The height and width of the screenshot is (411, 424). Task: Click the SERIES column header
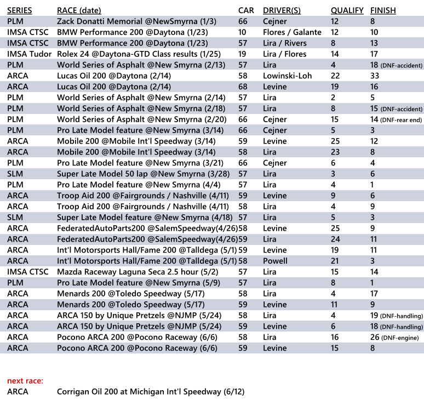[20, 10]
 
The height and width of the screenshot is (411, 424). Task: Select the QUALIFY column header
[347, 10]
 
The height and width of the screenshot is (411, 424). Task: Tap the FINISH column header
[383, 10]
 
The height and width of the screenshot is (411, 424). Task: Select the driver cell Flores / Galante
[292, 32]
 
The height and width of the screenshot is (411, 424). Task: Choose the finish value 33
[375, 76]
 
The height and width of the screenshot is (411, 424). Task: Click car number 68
[243, 87]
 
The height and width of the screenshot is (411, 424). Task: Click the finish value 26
[375, 337]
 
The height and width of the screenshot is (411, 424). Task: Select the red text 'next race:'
[25, 380]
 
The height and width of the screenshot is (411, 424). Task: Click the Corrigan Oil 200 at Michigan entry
[151, 391]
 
